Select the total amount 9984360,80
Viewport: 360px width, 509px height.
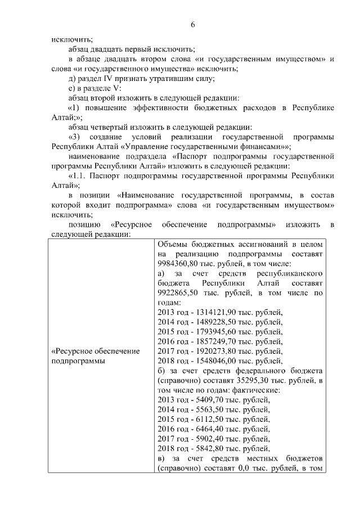[x=175, y=263]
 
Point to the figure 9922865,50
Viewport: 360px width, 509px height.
[x=175, y=293]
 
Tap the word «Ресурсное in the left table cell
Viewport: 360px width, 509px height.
[x=72, y=352]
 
